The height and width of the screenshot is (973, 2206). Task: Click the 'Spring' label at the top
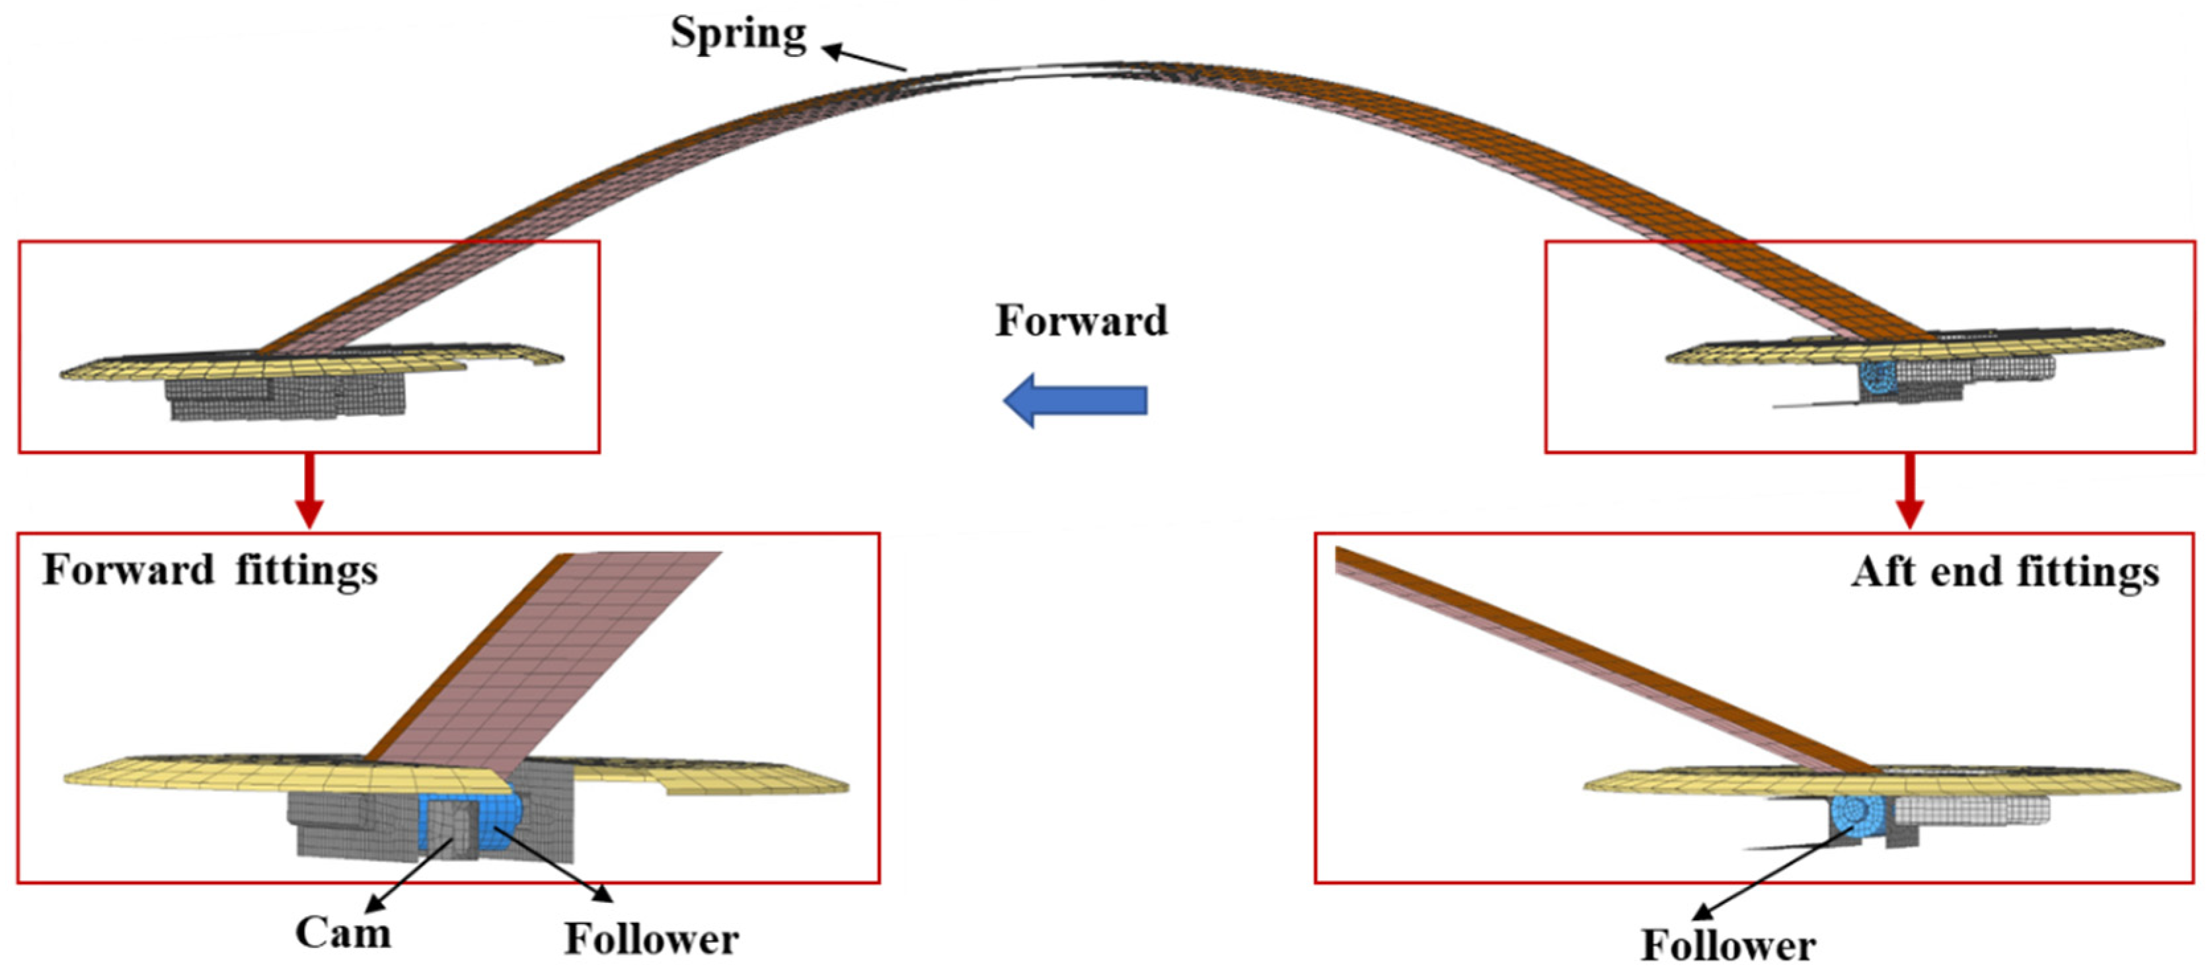(738, 35)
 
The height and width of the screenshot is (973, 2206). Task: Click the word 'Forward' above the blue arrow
(1081, 321)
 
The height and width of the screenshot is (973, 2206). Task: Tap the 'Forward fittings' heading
(209, 570)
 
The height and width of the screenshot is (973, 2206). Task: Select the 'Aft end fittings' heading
(2004, 572)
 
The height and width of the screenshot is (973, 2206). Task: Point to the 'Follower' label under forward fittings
(651, 939)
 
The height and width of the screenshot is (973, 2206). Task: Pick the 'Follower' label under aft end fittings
(1728, 947)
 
